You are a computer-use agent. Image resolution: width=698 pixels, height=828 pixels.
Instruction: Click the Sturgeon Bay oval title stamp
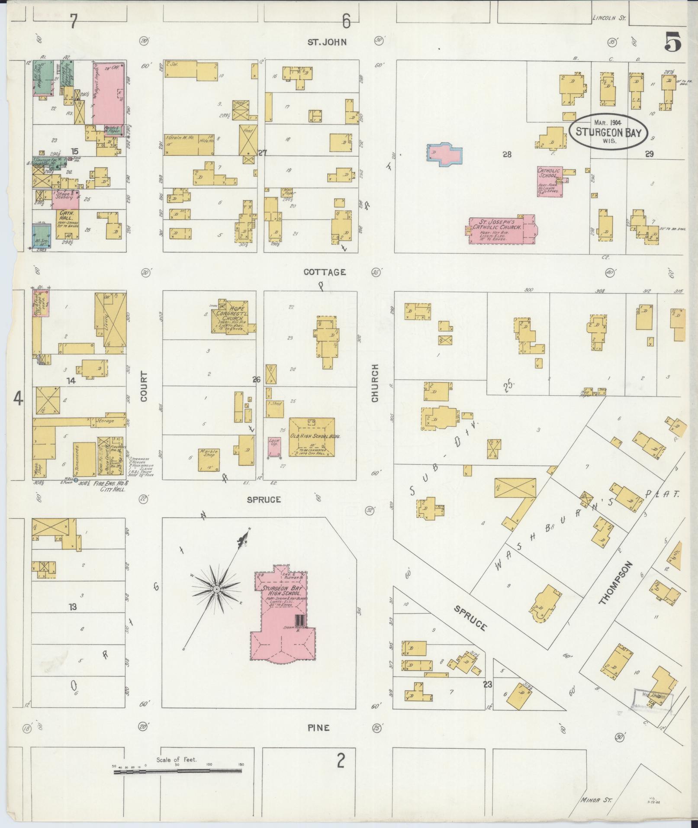pos(608,132)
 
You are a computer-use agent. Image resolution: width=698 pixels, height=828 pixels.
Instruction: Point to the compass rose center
pos(216,590)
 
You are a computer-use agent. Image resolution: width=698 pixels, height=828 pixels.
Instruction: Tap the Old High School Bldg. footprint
pos(312,437)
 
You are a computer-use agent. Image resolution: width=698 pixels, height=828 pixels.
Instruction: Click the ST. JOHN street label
pos(328,42)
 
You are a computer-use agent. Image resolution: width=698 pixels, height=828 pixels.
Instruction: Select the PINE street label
pos(319,728)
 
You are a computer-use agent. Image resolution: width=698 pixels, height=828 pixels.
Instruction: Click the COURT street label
pos(144,386)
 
